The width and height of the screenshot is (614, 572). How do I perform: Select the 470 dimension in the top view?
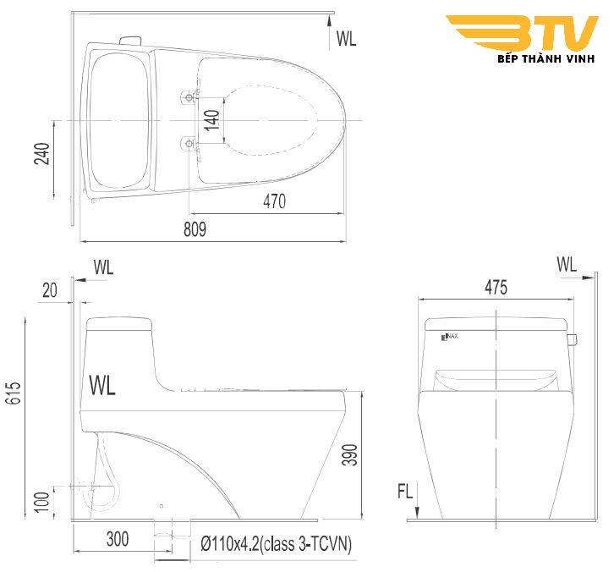(274, 201)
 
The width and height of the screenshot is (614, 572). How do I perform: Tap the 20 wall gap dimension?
(49, 289)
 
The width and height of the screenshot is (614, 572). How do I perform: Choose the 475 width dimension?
(496, 288)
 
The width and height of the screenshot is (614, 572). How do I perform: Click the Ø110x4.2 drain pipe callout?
(277, 544)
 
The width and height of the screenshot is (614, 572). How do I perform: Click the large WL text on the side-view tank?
(102, 385)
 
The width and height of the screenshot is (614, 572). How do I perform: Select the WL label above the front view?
(567, 264)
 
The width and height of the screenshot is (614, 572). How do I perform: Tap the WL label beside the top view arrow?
(347, 37)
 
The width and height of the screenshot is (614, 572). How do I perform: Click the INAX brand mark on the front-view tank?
(449, 338)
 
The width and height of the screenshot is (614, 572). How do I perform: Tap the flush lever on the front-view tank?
(573, 340)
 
